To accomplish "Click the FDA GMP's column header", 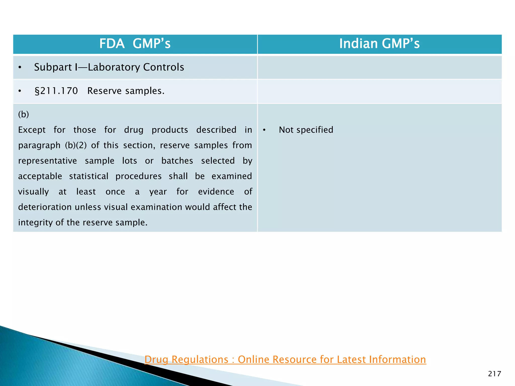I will pos(135,43).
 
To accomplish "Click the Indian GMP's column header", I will pos(379,43).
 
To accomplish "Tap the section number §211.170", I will pos(56,91).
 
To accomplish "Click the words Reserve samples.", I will pos(126,91).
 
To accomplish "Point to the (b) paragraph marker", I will pos(23,114).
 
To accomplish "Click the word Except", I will pos(32,130).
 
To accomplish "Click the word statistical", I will pos(89,176).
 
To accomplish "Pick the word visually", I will pos(33,192).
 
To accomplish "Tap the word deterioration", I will pos(45,207).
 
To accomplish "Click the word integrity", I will pos(35,223).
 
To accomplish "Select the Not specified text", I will pos(306,130).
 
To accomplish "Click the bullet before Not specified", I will pos(264,130).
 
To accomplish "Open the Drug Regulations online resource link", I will pos(285,359).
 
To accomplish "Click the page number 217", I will pos(494,374).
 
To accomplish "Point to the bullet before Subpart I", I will pos(20,68).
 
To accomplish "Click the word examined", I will pos(231,176).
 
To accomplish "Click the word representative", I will pos(48,161).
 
